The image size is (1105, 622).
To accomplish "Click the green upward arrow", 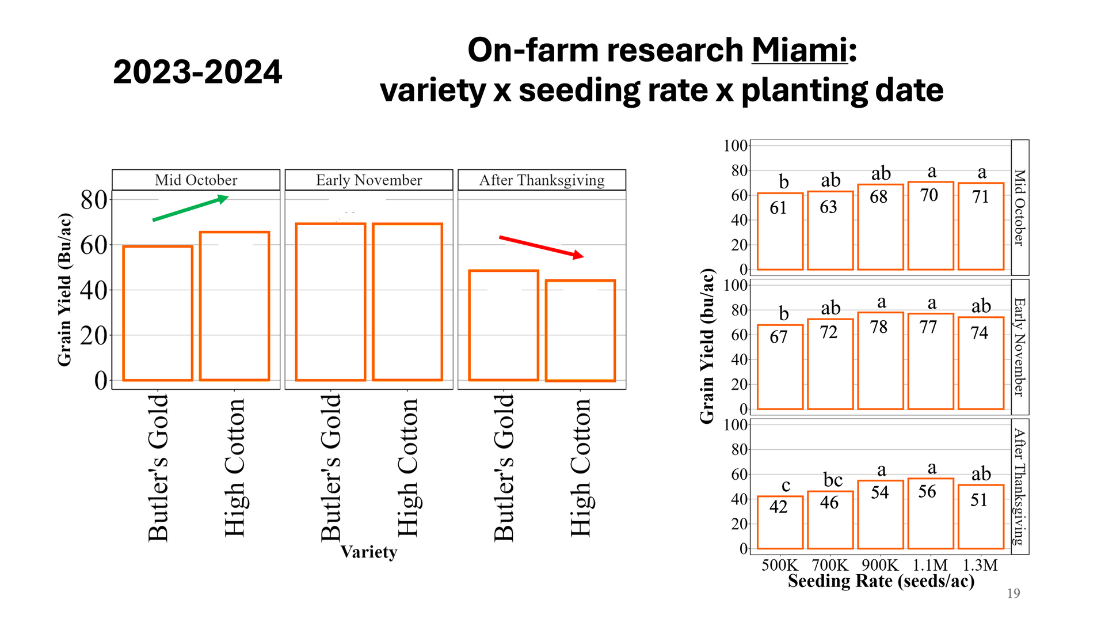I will pyautogui.click(x=190, y=208).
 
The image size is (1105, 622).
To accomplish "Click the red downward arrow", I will pyautogui.click(x=541, y=246).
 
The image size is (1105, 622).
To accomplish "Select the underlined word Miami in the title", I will pyautogui.click(x=799, y=50).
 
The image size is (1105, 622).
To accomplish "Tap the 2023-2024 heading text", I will pyautogui.click(x=197, y=73).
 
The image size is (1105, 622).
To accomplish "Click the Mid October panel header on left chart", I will pyautogui.click(x=196, y=180).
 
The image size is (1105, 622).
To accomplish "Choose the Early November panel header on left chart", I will pyautogui.click(x=369, y=180).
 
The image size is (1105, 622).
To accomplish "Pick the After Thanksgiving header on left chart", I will pyautogui.click(x=542, y=180).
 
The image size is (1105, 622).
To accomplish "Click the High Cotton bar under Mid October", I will pyautogui.click(x=234, y=306).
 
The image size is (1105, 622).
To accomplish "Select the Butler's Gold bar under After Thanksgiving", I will pyautogui.click(x=504, y=325).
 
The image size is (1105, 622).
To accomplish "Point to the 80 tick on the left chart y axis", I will pyautogui.click(x=94, y=200).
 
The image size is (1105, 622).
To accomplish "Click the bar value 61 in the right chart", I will pyautogui.click(x=778, y=208).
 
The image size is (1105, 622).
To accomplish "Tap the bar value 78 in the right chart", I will pyautogui.click(x=879, y=327).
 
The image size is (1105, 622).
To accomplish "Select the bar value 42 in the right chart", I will pyautogui.click(x=778, y=507).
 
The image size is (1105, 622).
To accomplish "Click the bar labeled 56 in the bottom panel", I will pyautogui.click(x=930, y=513).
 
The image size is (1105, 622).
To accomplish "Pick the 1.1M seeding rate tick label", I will pyautogui.click(x=929, y=565).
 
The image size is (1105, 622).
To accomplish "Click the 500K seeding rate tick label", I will pyautogui.click(x=779, y=565).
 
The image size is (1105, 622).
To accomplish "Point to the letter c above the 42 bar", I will pyautogui.click(x=786, y=486).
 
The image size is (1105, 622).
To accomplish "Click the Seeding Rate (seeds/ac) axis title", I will pyautogui.click(x=881, y=581).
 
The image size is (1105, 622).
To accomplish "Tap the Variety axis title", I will pyautogui.click(x=369, y=552).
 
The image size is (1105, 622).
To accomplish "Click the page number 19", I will pyautogui.click(x=1013, y=594).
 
